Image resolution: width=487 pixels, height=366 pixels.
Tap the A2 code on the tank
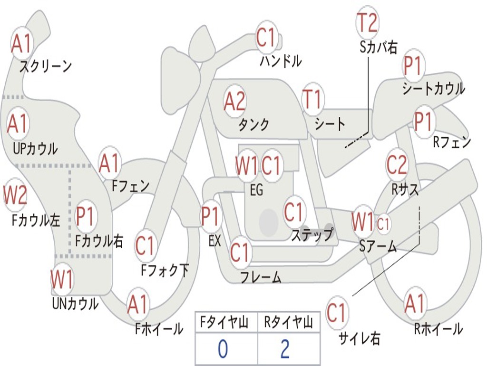[x=234, y=101]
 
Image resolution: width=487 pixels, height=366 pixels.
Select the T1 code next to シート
[x=312, y=99]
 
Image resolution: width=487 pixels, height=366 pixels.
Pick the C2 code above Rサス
[x=397, y=164]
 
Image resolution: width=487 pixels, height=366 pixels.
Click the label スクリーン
[x=45, y=66]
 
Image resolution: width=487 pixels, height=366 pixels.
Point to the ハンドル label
[x=281, y=61]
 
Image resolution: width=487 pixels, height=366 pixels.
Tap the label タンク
[x=253, y=124]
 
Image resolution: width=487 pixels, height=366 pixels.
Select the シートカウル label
[x=433, y=89]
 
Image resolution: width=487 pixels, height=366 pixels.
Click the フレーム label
[x=261, y=277]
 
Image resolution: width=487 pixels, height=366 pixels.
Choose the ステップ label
[x=312, y=234]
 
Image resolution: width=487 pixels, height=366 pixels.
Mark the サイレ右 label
[x=359, y=338]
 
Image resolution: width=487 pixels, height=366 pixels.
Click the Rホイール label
[x=438, y=328]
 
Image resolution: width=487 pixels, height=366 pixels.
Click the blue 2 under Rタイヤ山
[x=285, y=349]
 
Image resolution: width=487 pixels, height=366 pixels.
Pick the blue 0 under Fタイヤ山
[x=223, y=349]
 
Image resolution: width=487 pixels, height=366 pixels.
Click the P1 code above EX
[x=211, y=216]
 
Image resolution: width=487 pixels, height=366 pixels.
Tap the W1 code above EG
[x=246, y=166]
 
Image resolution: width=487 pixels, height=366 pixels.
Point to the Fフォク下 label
[x=165, y=271]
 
